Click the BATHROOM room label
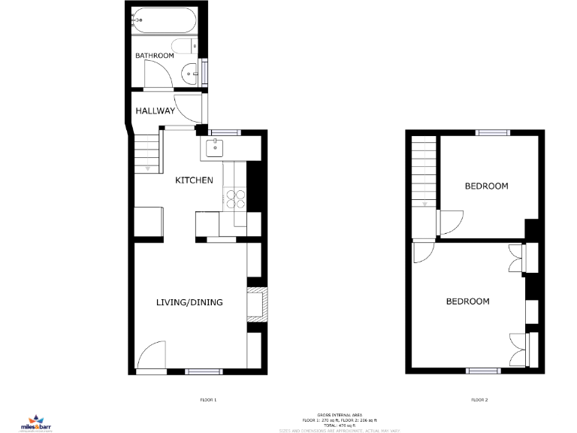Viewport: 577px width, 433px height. pos(154,56)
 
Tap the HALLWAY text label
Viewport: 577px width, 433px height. pos(155,111)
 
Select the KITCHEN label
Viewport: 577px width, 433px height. pos(194,180)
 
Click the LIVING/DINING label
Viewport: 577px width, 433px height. pos(189,303)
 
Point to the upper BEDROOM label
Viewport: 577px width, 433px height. pos(486,186)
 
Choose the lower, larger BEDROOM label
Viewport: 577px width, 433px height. pos(467,301)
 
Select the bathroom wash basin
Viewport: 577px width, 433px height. pos(191,74)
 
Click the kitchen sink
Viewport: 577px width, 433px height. pos(216,147)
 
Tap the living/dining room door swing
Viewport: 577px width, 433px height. pos(151,356)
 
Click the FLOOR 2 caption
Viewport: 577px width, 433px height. pos(479,400)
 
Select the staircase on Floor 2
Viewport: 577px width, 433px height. pos(424,174)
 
